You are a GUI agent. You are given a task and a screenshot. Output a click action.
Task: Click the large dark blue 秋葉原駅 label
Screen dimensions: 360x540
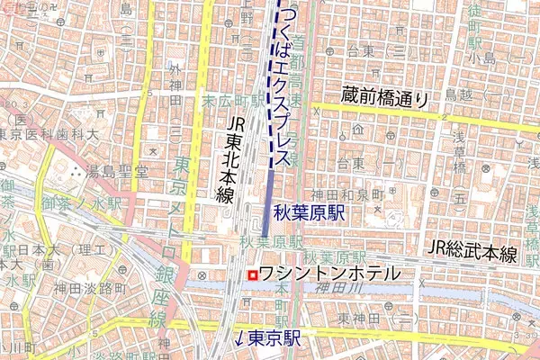pyautogui.click(x=310, y=215)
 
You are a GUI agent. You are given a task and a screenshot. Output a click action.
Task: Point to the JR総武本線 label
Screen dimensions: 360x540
pyautogui.click(x=472, y=251)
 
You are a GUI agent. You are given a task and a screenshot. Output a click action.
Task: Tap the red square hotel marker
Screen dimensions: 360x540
pyautogui.click(x=253, y=274)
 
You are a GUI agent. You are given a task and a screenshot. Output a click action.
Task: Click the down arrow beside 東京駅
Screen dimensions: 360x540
pyautogui.click(x=238, y=339)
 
